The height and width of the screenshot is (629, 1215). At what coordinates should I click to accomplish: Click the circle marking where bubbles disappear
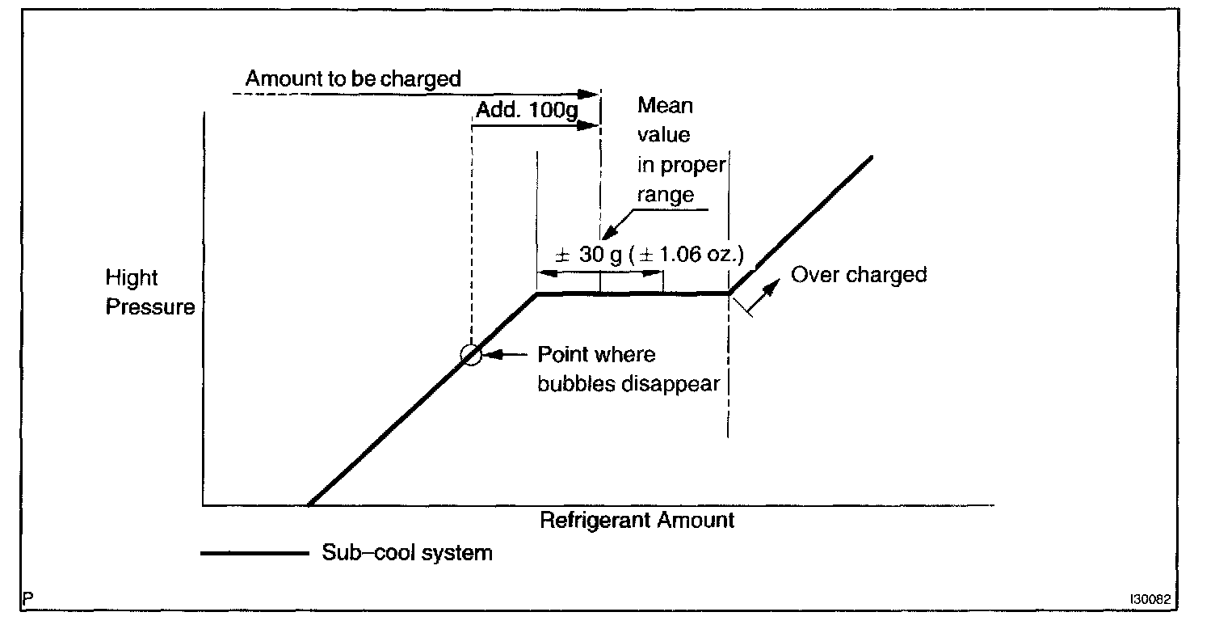470,354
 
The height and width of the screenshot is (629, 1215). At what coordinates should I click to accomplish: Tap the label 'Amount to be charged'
353,78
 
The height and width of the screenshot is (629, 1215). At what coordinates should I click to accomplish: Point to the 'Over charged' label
858,275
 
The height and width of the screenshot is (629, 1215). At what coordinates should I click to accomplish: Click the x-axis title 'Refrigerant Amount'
637,520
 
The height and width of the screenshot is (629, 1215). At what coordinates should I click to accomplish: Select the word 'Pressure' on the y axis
150,307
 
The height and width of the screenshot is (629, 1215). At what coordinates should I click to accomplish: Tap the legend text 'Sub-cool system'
406,553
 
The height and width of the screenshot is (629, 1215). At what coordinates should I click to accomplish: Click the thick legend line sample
254,554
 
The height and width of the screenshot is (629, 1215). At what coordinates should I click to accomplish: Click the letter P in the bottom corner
29,599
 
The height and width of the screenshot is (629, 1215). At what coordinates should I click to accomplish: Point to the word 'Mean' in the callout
665,105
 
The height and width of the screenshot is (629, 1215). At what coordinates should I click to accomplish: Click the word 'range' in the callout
666,195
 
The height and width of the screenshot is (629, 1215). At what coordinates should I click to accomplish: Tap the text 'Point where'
597,355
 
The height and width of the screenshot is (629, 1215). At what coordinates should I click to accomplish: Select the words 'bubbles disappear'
629,383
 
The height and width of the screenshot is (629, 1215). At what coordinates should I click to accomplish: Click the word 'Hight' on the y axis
132,278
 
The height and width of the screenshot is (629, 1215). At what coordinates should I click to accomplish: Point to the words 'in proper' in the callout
681,165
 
